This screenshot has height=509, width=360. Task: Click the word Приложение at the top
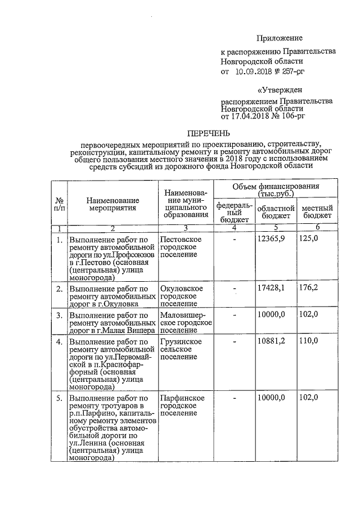[x=280, y=38]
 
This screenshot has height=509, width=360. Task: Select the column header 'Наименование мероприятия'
[x=112, y=204]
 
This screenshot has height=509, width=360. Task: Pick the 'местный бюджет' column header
[x=318, y=212]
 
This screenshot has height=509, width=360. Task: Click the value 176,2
[x=308, y=288]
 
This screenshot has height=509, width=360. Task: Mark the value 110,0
[x=308, y=341]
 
